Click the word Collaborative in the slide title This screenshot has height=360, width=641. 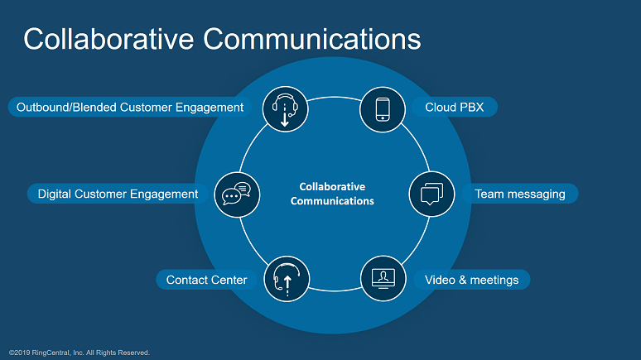(x=108, y=39)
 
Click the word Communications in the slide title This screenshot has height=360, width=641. (x=312, y=39)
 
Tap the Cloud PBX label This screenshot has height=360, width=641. (x=454, y=107)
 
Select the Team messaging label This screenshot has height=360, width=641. (x=519, y=194)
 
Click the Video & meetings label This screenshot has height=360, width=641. (x=471, y=280)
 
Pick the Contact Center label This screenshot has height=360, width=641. (x=206, y=280)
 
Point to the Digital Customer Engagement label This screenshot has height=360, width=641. (x=118, y=194)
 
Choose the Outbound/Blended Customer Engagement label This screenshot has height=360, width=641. (x=129, y=107)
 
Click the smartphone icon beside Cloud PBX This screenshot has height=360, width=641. (x=383, y=109)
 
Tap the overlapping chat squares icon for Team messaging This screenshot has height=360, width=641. (x=431, y=194)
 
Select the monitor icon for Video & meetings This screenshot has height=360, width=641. (x=383, y=279)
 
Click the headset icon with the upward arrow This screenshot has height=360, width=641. (x=287, y=279)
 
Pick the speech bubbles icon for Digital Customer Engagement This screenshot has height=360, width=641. (x=237, y=194)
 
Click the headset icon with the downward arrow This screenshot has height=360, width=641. (x=286, y=109)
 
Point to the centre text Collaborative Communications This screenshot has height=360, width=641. (x=332, y=194)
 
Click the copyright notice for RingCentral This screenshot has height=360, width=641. (x=80, y=353)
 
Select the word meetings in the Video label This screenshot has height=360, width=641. (x=494, y=280)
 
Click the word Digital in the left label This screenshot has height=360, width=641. (x=55, y=194)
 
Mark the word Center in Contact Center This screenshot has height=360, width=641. (x=228, y=280)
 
